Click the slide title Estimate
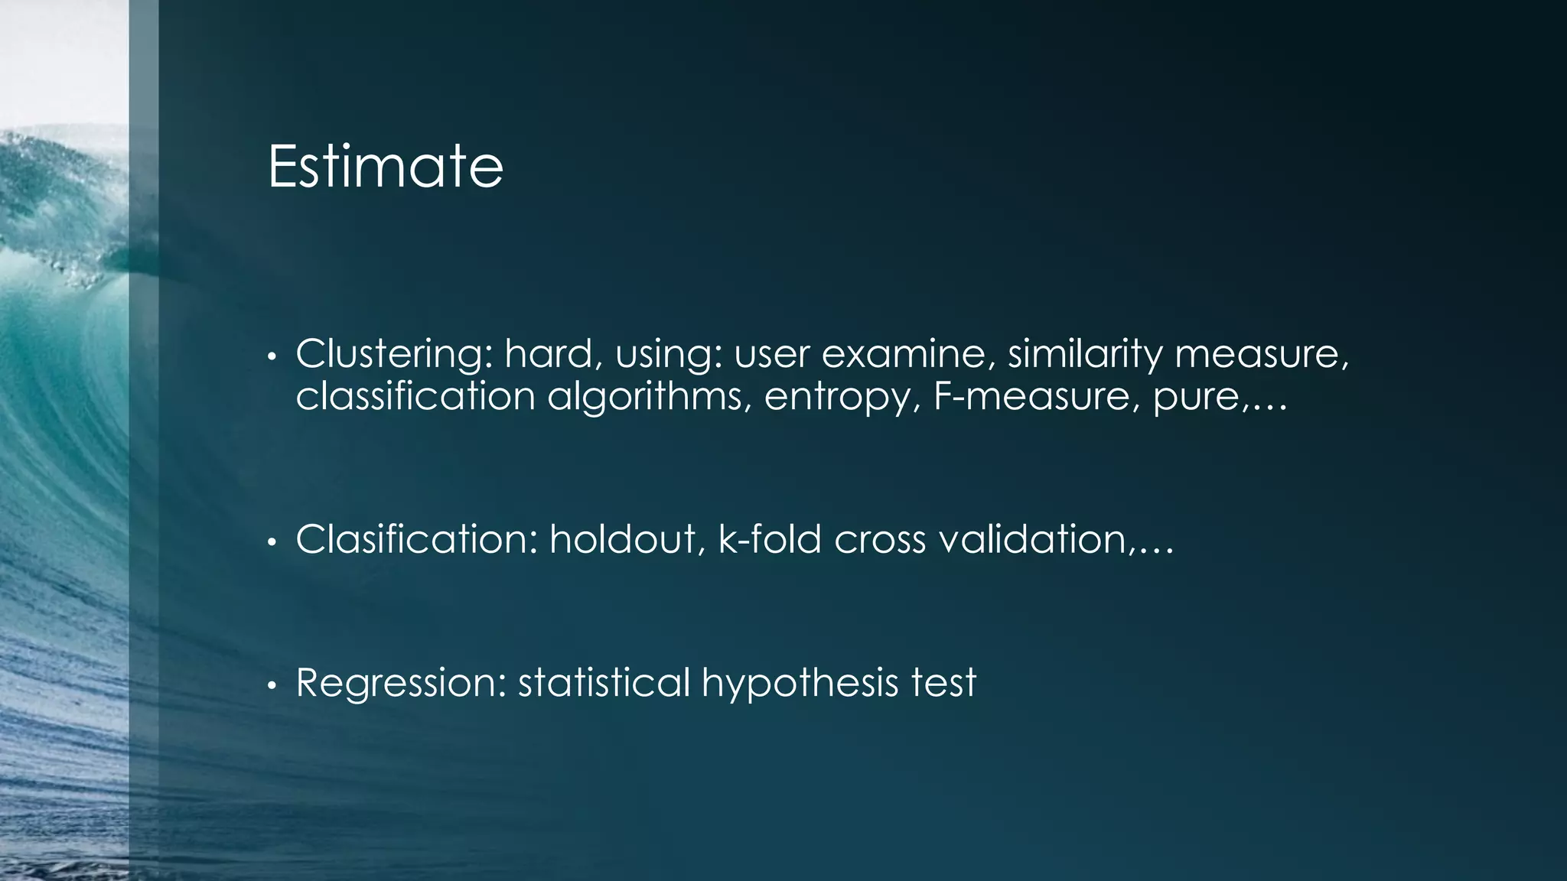point(385,167)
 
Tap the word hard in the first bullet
point(549,354)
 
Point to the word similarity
point(1085,354)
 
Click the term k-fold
point(770,540)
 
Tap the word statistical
point(604,683)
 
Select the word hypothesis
point(800,683)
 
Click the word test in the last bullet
point(943,683)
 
